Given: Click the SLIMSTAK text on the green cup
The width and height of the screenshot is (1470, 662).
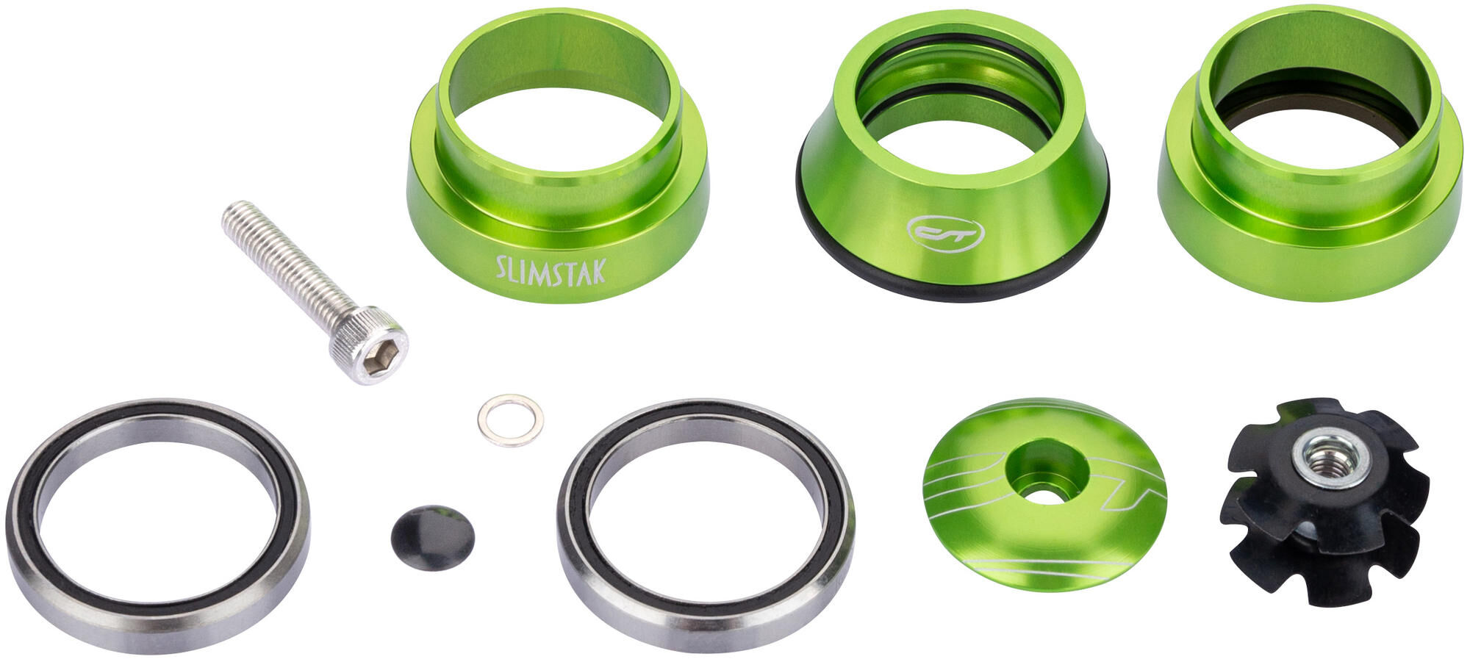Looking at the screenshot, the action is (x=551, y=270).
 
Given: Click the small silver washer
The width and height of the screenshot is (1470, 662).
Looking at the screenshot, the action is (x=510, y=420).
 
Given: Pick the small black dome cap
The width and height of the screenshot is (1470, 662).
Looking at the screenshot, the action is (x=432, y=537).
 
